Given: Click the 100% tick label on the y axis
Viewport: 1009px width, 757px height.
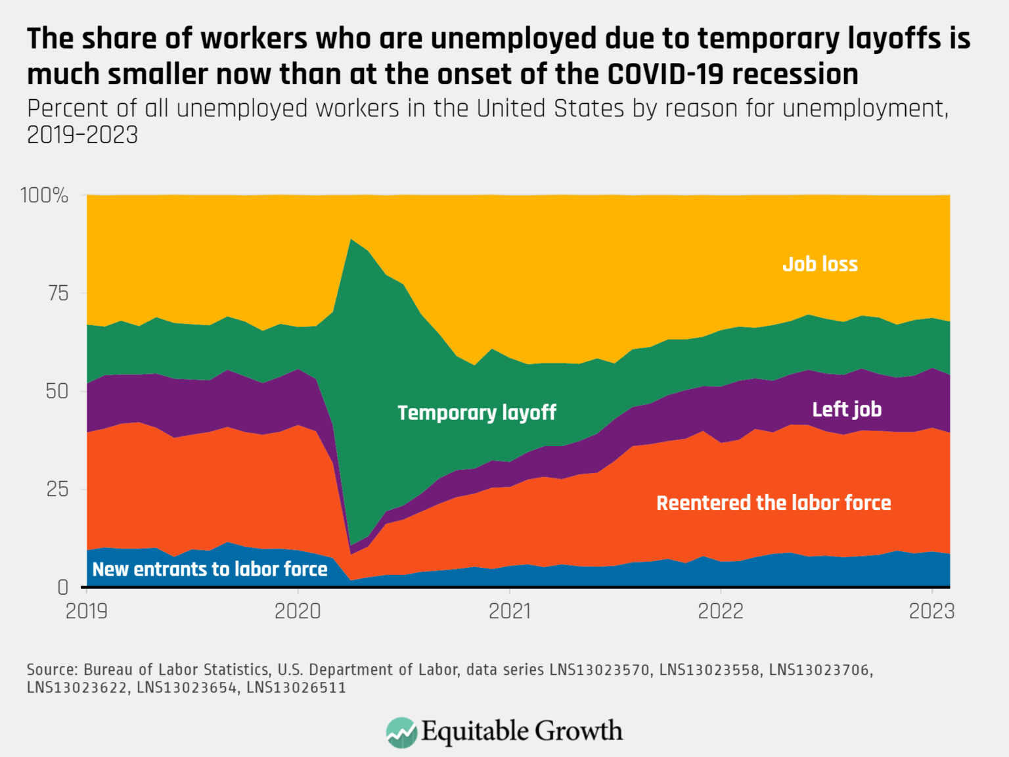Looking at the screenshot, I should [44, 195].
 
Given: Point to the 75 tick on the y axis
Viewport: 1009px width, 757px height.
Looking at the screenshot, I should [58, 293].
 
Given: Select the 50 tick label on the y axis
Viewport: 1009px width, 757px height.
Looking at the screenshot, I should [57, 391].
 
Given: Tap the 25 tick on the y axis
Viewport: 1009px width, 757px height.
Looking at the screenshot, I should [58, 489].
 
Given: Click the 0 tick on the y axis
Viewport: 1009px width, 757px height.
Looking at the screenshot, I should [63, 587].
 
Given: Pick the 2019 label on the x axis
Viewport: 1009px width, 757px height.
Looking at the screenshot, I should [87, 611].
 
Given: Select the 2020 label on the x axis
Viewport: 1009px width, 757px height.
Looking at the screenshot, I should [298, 611].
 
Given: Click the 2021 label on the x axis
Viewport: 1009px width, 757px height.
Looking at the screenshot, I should [510, 611].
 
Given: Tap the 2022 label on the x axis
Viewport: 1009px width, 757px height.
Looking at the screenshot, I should [721, 611].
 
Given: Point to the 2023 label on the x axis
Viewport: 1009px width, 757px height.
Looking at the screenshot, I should [931, 611].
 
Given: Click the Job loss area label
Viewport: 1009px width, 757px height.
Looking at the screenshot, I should [820, 264].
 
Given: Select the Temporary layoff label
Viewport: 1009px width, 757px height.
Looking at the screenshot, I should [477, 413].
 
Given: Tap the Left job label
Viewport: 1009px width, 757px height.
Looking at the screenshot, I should [847, 409].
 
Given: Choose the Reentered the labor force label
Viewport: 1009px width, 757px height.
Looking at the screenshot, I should [774, 503].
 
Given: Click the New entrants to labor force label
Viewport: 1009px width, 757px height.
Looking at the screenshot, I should [210, 569].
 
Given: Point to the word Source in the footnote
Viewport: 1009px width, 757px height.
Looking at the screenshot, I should [52, 670].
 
